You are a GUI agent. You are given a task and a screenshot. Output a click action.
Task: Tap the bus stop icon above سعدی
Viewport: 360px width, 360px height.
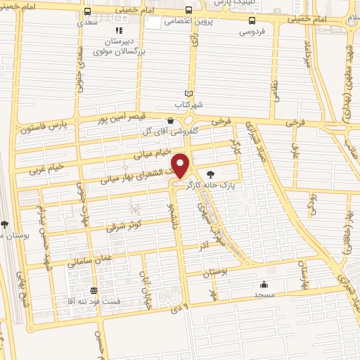coord(86,12)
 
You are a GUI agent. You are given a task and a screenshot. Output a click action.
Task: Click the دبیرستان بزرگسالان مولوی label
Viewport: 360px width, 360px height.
coord(120,47)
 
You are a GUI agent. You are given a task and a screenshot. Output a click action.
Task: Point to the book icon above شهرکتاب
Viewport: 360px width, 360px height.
coord(188,94)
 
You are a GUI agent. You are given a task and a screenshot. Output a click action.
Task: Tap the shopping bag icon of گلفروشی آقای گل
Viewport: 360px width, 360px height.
coord(170,120)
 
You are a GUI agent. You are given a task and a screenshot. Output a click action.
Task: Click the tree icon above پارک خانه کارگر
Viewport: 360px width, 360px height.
coord(210,175)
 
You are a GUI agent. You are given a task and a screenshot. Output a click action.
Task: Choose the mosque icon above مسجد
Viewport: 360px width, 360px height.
coord(263,285)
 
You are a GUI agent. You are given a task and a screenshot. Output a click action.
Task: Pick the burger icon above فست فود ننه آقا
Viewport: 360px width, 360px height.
coord(94,291)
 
